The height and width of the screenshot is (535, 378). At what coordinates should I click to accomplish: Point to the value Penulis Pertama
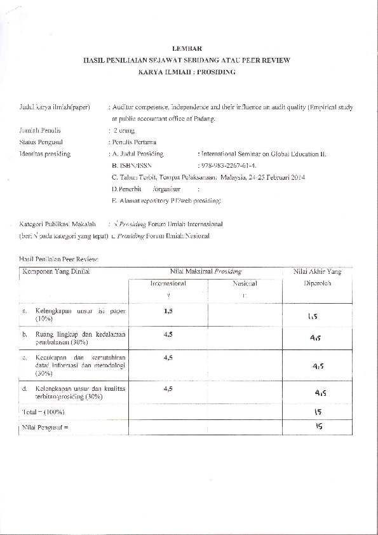135,142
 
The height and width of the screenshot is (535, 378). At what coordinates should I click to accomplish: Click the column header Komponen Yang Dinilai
56,272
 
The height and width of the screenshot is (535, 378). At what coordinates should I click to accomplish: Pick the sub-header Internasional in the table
168,283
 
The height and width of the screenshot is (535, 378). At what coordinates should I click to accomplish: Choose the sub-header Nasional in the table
245,283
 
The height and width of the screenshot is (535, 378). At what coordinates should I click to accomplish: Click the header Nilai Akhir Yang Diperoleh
317,278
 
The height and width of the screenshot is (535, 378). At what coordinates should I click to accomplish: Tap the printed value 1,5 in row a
168,311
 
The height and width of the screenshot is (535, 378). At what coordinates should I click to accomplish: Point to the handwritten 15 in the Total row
318,412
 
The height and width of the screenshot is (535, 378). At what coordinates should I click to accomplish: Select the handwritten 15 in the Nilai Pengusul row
318,426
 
